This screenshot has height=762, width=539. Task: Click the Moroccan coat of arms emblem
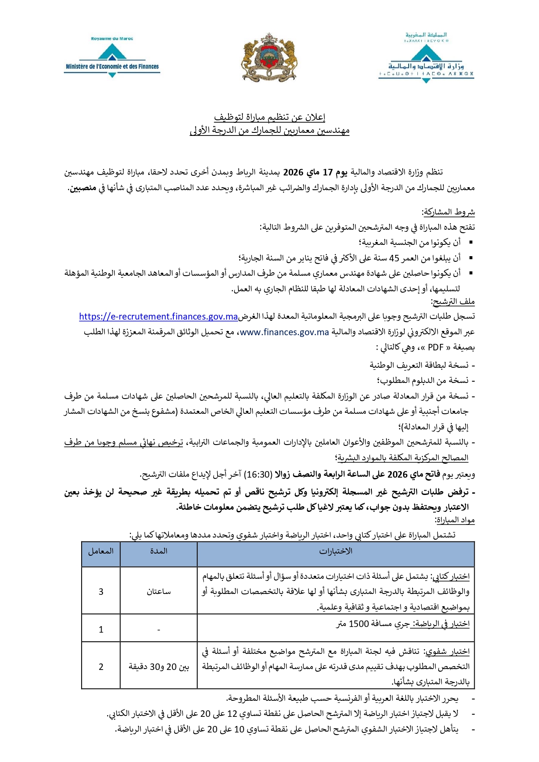(x=269, y=57)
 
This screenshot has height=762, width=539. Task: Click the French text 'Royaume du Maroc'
(x=112, y=39)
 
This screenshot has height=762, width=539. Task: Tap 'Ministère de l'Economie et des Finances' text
(x=112, y=67)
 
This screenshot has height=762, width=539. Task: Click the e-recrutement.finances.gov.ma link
(x=159, y=317)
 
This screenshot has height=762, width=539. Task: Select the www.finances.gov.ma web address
(x=284, y=332)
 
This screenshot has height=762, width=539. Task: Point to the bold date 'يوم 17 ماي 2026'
(x=315, y=172)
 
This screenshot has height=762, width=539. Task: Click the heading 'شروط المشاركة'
(x=449, y=212)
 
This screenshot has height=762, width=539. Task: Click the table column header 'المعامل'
(x=101, y=551)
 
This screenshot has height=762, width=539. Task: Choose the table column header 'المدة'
(x=159, y=551)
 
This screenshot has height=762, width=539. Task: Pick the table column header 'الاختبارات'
(x=335, y=551)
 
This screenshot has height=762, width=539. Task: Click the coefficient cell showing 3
(x=101, y=591)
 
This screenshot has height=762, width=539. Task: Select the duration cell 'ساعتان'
(x=159, y=591)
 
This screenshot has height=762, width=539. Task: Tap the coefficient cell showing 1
(x=101, y=629)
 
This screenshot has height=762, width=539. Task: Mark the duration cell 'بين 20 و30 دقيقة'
(x=159, y=667)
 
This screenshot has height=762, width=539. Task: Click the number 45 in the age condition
(x=394, y=258)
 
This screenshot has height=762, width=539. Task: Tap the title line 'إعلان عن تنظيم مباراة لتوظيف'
(x=269, y=117)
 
